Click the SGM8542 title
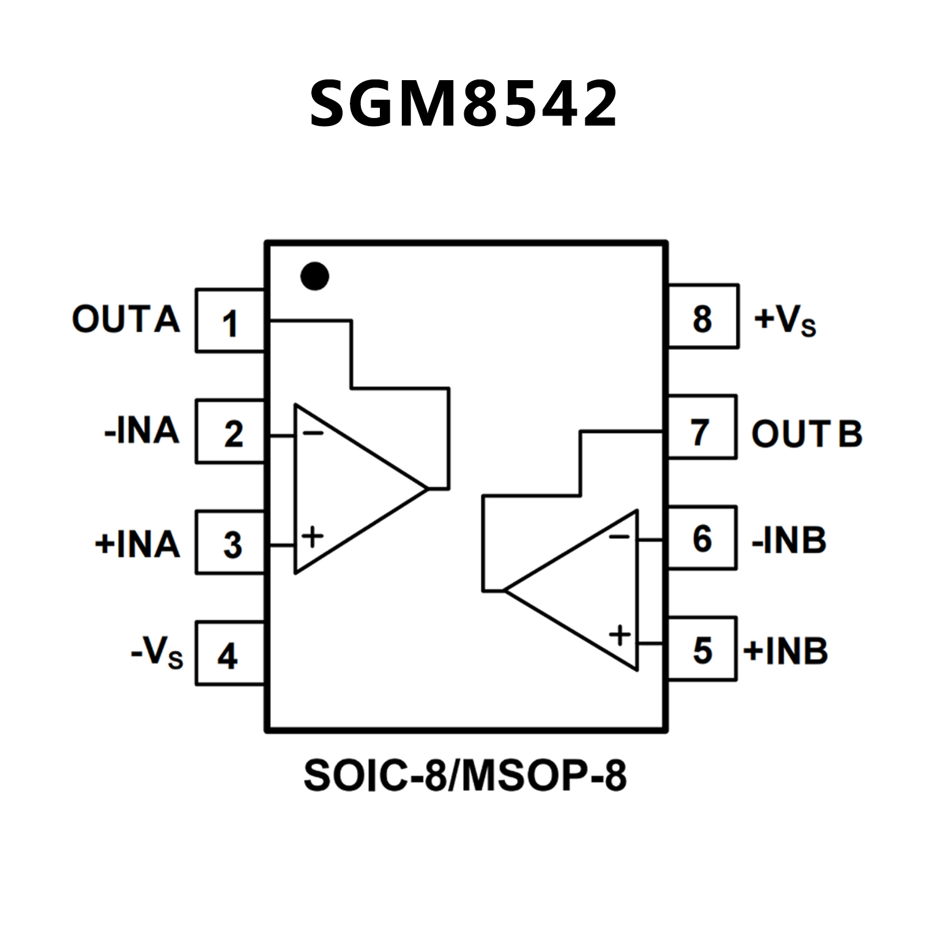463,105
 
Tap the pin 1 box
230,321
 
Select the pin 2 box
230,432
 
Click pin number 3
232,544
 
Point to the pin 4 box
230,653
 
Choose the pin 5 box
702,648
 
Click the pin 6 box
702,538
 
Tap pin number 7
700,432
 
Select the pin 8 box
703,317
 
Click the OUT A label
126,319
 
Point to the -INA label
142,431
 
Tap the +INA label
138,544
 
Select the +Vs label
785,319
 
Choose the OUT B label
806,434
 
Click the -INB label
789,540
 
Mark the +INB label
786,650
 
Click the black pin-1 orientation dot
314,276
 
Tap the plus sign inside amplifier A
313,536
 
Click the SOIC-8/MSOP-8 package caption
465,776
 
